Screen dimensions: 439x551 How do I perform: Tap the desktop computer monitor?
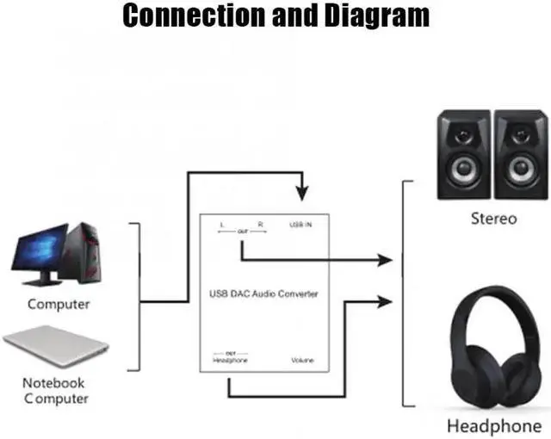(39, 252)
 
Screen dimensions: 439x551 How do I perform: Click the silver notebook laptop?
(57, 349)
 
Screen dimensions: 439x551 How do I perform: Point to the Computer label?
(59, 304)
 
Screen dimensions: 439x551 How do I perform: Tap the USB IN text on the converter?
(300, 225)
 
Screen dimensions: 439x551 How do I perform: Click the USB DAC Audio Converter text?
(264, 294)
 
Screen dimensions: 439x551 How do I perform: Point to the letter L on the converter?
(221, 225)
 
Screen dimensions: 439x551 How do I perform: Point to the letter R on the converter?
(260, 225)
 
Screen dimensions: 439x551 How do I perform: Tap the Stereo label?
(493, 219)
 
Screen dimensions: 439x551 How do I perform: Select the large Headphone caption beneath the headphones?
(493, 426)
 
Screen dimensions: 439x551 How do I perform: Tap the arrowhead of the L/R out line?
(387, 258)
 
